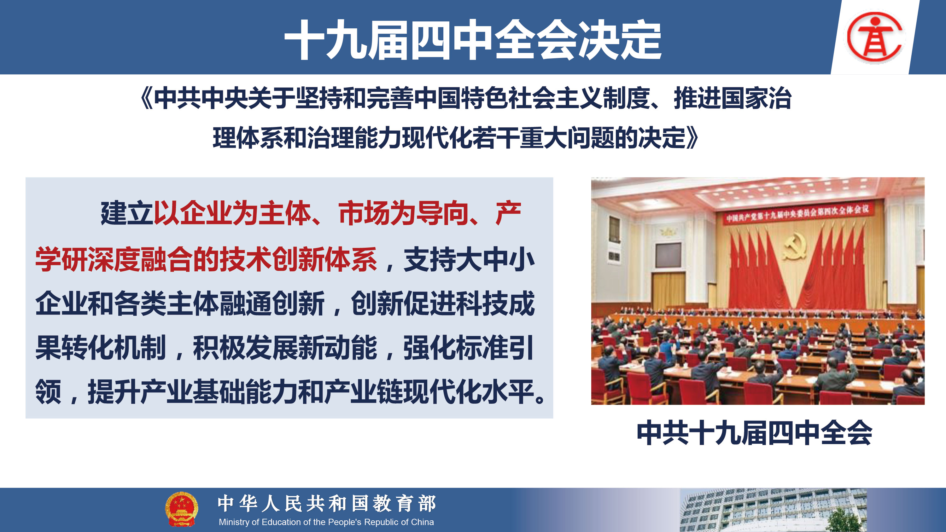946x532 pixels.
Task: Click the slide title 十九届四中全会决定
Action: [x=473, y=40]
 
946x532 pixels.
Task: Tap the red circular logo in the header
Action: [x=875, y=36]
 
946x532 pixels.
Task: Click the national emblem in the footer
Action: [x=181, y=509]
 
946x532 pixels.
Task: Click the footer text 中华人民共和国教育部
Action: [x=327, y=503]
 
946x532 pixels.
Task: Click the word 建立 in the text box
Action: [x=127, y=213]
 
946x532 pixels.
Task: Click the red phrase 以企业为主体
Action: [x=232, y=213]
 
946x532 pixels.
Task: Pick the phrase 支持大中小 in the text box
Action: [x=469, y=260]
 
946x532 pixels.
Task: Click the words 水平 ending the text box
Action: [x=508, y=392]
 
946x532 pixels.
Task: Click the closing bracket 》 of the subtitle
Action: [x=692, y=138]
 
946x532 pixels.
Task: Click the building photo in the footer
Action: [x=773, y=510]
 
